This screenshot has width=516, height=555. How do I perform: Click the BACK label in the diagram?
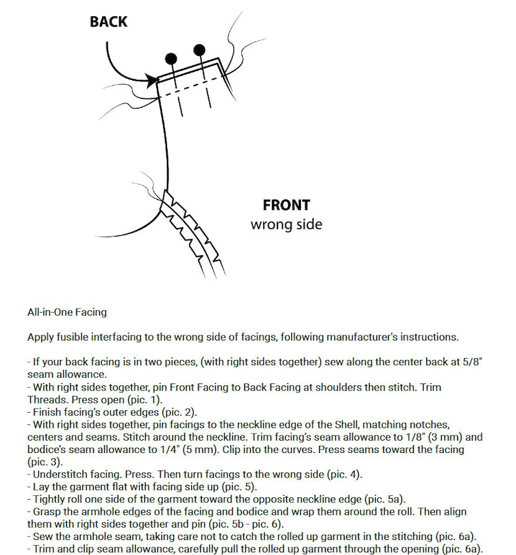pyautogui.click(x=109, y=21)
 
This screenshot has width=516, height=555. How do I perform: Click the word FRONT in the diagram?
pyautogui.click(x=287, y=205)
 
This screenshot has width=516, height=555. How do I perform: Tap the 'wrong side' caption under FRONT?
pyautogui.click(x=287, y=224)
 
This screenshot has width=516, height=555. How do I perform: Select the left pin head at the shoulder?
pyautogui.click(x=171, y=58)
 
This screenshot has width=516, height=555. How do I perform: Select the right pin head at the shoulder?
pyautogui.click(x=200, y=50)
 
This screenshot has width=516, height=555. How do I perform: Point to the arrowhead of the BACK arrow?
pyautogui.click(x=152, y=80)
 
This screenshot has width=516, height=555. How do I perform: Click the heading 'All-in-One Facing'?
pyautogui.click(x=67, y=312)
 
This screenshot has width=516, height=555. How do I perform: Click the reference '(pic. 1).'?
pyautogui.click(x=145, y=400)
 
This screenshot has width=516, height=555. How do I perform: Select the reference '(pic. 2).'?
pyautogui.click(x=179, y=412)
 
